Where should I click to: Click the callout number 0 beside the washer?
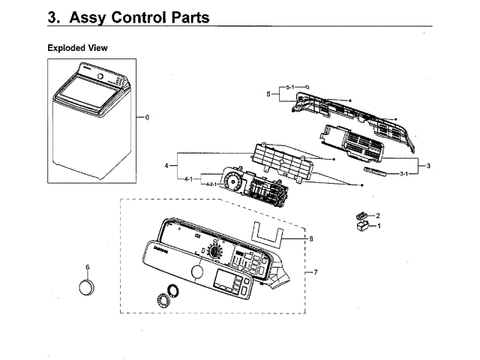click(x=148, y=118)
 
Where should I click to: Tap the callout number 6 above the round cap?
click(x=88, y=267)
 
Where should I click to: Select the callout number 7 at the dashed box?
click(x=316, y=271)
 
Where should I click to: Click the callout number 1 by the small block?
click(x=379, y=225)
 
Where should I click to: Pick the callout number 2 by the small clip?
click(x=378, y=215)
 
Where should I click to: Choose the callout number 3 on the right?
click(x=427, y=165)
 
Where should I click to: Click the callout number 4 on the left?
click(x=166, y=165)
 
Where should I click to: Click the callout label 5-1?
click(x=291, y=88)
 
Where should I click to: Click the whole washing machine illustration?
click(x=90, y=120)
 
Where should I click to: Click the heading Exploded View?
click(x=77, y=48)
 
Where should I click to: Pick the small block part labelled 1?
click(x=362, y=224)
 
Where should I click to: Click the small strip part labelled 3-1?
click(x=375, y=172)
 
